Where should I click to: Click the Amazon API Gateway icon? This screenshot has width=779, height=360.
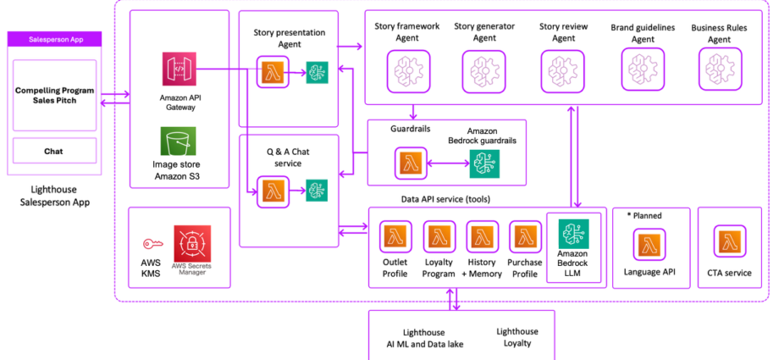(x=180, y=69)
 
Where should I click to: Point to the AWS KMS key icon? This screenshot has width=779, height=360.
(x=151, y=243)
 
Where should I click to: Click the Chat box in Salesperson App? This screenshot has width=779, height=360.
(x=53, y=152)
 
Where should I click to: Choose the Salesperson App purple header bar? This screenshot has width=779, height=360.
(x=53, y=40)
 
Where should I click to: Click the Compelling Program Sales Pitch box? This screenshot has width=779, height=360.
(x=53, y=95)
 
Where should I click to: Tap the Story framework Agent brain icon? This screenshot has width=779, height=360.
(x=406, y=69)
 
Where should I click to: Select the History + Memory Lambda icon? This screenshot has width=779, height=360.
(x=483, y=239)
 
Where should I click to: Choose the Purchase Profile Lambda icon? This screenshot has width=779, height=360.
(x=525, y=239)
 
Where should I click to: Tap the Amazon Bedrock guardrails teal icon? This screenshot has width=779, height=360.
(x=483, y=163)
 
